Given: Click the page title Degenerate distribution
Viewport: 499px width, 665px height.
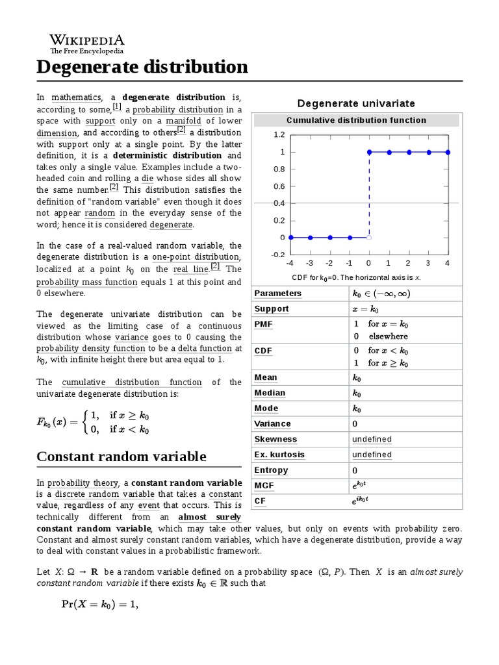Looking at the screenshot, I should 142,67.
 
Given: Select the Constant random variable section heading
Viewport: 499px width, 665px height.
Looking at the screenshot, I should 122,457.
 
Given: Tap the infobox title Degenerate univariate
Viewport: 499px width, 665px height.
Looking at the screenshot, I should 355,103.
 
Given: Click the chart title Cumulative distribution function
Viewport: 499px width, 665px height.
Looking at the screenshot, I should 356,120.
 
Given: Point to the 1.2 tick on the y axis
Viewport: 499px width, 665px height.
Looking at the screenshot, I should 279,135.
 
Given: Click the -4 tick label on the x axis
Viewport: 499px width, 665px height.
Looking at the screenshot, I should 289,263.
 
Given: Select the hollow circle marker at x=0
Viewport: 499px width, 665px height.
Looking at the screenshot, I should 369,238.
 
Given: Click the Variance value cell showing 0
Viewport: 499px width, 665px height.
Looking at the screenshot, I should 355,423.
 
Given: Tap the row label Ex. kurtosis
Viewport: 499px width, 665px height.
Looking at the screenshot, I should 279,455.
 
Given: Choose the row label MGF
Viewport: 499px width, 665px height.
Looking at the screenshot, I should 264,485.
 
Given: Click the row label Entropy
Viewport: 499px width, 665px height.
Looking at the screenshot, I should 271,470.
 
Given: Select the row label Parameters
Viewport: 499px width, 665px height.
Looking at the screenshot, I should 278,294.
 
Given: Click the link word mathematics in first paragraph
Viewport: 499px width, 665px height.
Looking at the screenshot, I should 72,97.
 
